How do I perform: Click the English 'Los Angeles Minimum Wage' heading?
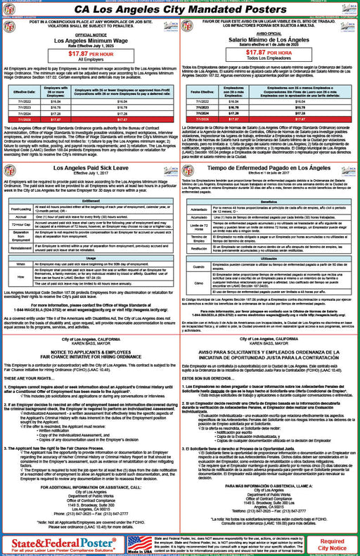(x=91, y=41)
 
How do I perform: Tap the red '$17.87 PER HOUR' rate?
(x=91, y=52)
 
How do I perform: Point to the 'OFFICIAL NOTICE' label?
(x=91, y=34)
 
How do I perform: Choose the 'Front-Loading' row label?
(x=21, y=209)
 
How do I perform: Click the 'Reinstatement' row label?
(x=21, y=248)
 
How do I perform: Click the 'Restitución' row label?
(x=199, y=248)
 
